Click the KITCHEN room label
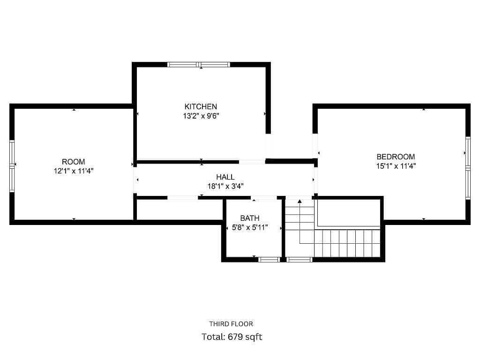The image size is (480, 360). [201, 106]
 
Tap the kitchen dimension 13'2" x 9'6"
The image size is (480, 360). [201, 116]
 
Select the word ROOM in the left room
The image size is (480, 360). [74, 162]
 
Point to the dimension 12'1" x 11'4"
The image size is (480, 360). [74, 171]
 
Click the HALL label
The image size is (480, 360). [225, 177]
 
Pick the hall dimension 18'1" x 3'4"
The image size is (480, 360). [225, 186]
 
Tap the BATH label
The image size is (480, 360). [250, 218]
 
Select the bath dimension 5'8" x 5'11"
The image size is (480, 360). [250, 228]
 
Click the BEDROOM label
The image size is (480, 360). [396, 157]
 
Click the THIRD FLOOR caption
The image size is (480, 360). [231, 324]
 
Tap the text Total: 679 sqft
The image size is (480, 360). [232, 337]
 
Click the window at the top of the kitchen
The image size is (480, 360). [199, 65]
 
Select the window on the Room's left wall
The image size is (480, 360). [12, 166]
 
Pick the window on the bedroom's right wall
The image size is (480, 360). [468, 168]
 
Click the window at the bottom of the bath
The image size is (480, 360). [269, 260]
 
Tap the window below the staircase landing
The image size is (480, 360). [300, 260]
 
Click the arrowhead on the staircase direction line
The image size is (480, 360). [300, 201]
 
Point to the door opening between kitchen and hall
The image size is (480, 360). [252, 162]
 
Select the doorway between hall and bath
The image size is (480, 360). [264, 198]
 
